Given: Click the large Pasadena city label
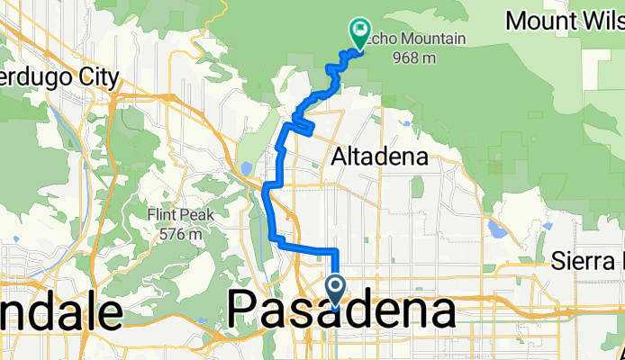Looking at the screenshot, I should (x=341, y=311).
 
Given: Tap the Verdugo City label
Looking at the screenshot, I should (x=58, y=78).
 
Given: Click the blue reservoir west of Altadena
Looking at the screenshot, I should (x=246, y=168).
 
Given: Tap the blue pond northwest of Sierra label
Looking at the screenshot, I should (x=497, y=229).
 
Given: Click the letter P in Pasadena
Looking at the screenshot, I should (x=244, y=311).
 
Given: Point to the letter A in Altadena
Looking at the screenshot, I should (x=340, y=157).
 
